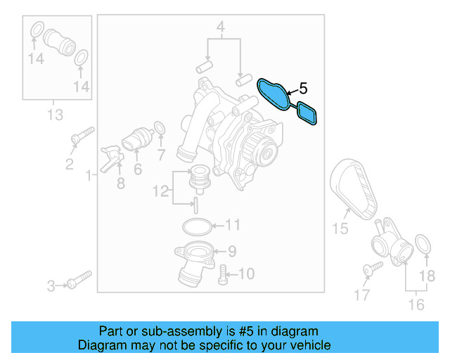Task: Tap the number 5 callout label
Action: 303,89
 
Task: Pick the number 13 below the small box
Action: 54,115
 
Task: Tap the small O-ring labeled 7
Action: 160,128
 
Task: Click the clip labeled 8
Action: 110,158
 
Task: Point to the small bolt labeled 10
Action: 224,273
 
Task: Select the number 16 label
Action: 416,305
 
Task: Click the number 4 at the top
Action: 220,28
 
